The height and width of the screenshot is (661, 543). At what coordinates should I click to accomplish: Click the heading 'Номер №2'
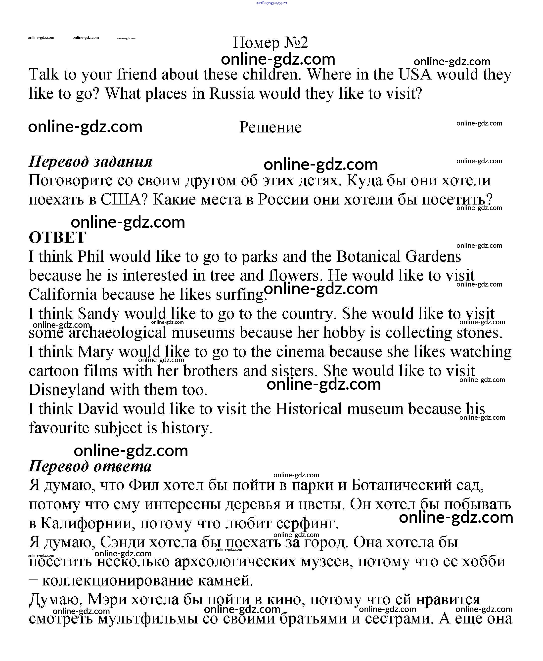[x=271, y=42]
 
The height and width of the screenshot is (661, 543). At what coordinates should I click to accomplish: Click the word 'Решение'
[x=271, y=127]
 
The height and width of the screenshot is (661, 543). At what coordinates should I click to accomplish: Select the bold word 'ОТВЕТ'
[x=57, y=237]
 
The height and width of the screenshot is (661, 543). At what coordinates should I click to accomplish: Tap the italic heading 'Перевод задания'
[x=90, y=162]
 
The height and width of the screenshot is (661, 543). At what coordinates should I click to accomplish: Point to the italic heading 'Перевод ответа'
[x=90, y=466]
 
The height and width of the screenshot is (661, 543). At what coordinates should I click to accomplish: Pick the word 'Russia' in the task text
[x=232, y=93]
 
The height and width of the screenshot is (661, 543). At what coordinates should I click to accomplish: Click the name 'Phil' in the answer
[x=91, y=257]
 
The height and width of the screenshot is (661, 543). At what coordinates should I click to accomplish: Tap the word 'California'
[x=63, y=294]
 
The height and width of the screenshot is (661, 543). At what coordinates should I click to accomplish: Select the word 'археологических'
[x=235, y=562]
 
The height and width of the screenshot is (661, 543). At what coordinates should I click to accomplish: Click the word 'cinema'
[x=300, y=352]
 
